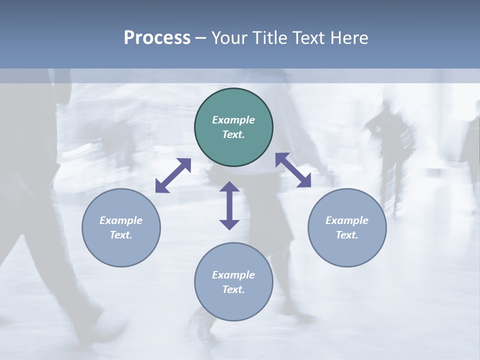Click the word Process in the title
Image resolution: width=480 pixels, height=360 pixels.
[x=157, y=38]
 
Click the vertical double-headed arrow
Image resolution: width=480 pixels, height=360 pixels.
[x=229, y=205]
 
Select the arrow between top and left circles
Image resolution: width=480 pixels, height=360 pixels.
[x=173, y=175]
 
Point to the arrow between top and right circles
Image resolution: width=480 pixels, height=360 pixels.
[x=293, y=170]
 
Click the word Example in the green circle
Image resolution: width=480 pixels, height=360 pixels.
[x=233, y=120]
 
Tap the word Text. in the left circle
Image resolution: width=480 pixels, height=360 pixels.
[x=121, y=235]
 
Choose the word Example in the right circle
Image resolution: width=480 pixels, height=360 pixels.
[x=347, y=220]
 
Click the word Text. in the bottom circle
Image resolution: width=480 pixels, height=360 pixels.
[x=233, y=289]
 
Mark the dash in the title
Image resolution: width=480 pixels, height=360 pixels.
[x=201, y=38]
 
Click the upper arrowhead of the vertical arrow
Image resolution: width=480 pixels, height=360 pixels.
[x=229, y=186]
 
